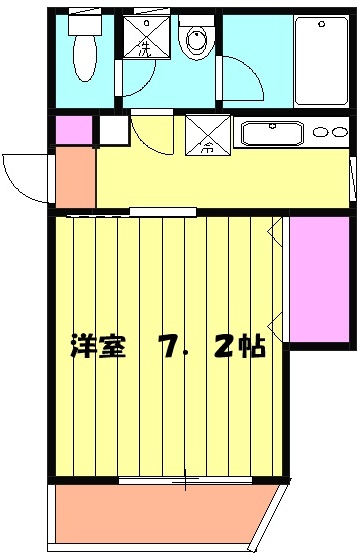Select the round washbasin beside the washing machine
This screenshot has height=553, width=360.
click(195, 41)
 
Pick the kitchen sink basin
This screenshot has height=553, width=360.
click(271, 134)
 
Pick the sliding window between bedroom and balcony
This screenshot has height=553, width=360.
click(185, 481)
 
